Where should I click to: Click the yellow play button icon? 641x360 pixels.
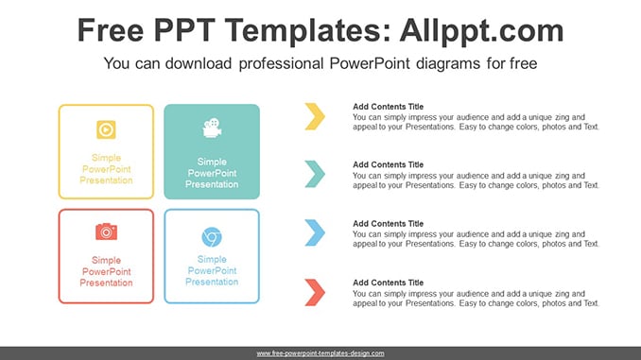[x=106, y=129]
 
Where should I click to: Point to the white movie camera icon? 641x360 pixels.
[x=212, y=128]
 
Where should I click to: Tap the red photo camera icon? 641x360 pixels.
[x=106, y=231]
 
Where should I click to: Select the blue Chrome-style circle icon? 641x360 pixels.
[x=212, y=237]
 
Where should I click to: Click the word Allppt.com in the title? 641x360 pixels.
[x=481, y=31]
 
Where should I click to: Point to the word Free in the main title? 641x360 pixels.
[x=111, y=30]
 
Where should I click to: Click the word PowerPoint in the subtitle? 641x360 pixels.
[x=370, y=63]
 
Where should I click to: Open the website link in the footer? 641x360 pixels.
[x=320, y=353]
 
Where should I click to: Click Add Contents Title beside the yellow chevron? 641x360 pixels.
[x=388, y=107]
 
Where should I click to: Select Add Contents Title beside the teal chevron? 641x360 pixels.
[x=388, y=164]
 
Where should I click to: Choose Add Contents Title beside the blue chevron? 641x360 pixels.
[x=388, y=224]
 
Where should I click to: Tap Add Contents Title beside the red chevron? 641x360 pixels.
[x=388, y=283]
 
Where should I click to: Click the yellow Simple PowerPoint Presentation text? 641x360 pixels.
[x=106, y=169]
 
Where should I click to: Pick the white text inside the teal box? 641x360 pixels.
[x=212, y=173]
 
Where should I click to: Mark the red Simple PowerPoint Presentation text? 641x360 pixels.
[x=106, y=271]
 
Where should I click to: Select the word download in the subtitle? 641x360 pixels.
[x=199, y=63]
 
